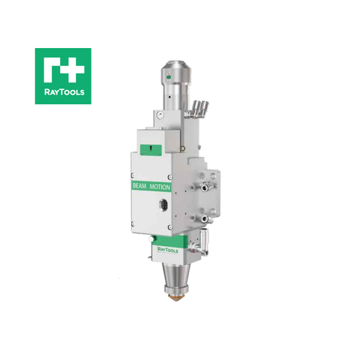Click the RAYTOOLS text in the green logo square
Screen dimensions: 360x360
(x=63, y=94)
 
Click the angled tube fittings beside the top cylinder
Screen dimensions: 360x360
(x=199, y=109)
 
